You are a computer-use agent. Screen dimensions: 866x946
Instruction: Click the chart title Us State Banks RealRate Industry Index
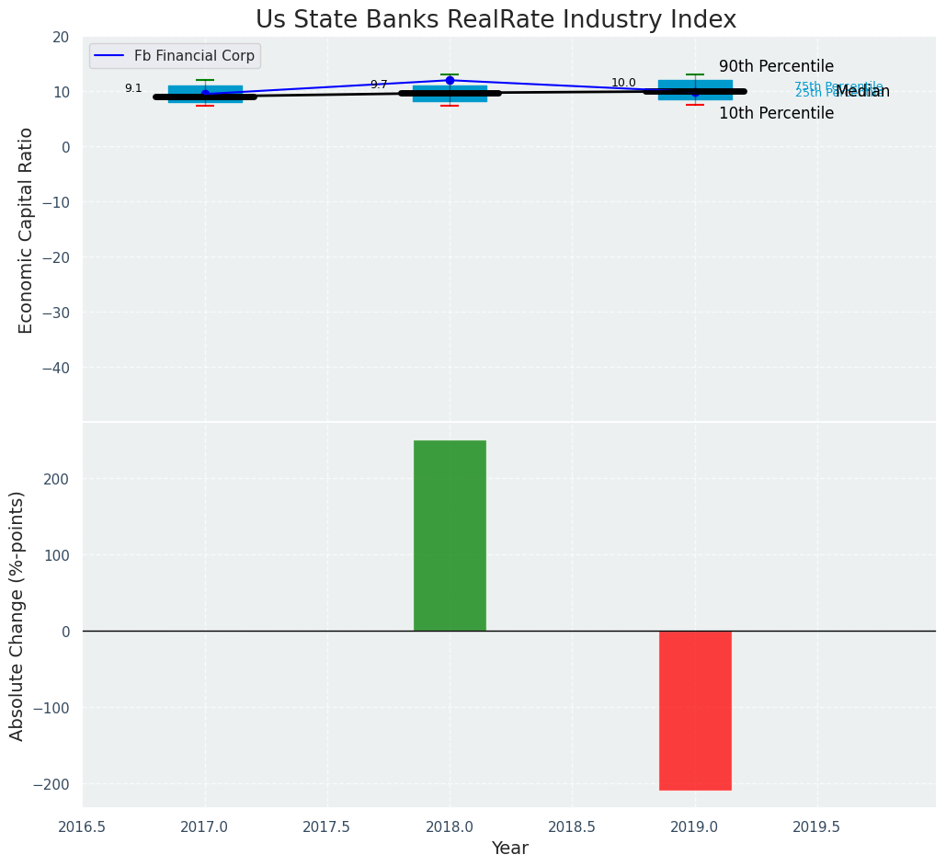point(496,20)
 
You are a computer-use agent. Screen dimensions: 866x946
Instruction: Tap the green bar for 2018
point(450,535)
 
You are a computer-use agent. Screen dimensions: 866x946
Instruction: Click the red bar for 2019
point(695,710)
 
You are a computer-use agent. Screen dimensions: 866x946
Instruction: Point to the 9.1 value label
point(133,88)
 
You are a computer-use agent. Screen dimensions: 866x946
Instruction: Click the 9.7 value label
point(379,85)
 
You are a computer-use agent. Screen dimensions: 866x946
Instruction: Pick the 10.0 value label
point(623,83)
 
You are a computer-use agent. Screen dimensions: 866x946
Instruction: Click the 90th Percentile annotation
point(776,67)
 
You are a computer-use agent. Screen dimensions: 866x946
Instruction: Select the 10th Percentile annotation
point(776,114)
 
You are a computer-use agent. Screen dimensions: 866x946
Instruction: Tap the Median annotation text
point(862,92)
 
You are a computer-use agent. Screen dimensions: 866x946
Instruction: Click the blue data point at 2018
point(450,80)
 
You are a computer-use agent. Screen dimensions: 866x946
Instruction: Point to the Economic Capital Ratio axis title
point(27,230)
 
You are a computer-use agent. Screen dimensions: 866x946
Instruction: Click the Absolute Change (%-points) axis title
point(17,615)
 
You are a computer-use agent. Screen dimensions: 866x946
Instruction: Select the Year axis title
point(509,849)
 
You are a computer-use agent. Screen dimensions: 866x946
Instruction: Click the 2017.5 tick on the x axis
point(326,827)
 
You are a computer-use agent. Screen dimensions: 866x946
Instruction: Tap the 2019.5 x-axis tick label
point(816,827)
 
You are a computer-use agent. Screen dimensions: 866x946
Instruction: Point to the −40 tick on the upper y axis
point(57,368)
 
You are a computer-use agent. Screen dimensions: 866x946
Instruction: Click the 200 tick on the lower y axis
point(59,479)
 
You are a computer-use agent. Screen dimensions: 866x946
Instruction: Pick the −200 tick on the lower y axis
point(53,784)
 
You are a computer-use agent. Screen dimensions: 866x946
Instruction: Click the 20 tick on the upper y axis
point(61,37)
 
